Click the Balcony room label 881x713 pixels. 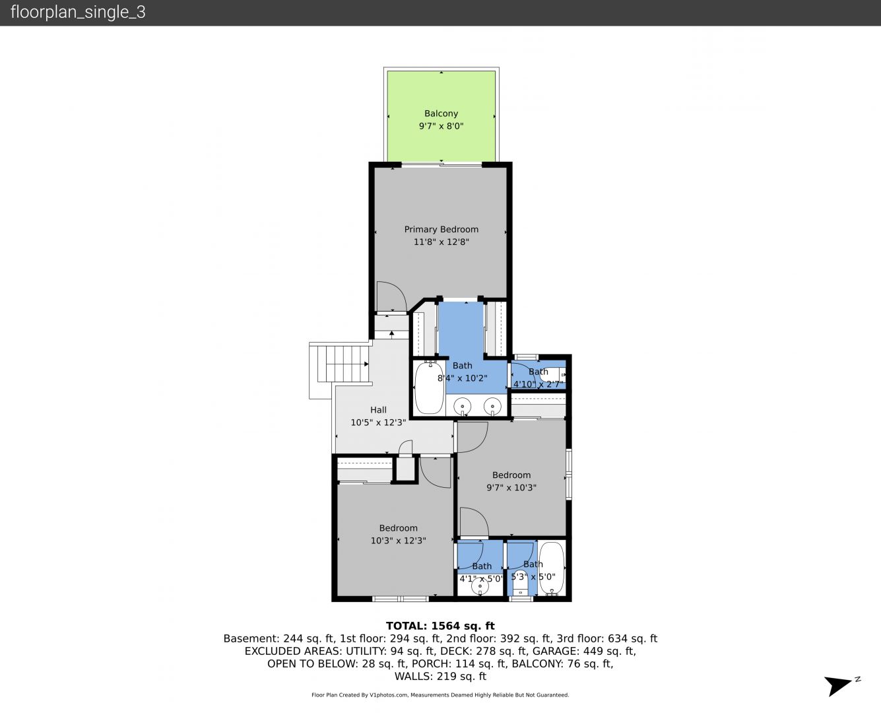tap(441, 114)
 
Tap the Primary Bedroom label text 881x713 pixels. tap(441, 229)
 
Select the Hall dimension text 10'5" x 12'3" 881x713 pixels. tap(378, 423)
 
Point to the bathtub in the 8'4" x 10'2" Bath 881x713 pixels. tap(429, 388)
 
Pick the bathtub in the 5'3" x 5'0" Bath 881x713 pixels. tap(552, 568)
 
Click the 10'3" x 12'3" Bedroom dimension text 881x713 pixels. tap(398, 541)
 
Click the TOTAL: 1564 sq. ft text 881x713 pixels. tap(440, 626)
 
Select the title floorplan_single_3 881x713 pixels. tap(78, 12)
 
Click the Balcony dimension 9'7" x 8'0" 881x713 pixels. tap(441, 126)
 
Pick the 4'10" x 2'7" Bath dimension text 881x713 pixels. tap(538, 384)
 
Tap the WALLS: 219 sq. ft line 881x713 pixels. tap(440, 677)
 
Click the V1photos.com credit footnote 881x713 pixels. tap(440, 695)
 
